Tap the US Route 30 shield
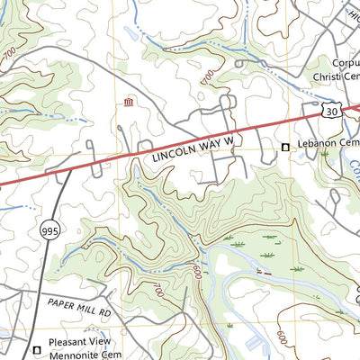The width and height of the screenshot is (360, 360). (330, 110)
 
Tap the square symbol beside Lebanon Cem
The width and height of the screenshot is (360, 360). (286, 147)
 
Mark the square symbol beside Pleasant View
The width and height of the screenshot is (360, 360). (37, 350)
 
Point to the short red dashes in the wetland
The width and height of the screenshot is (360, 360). (263, 272)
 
